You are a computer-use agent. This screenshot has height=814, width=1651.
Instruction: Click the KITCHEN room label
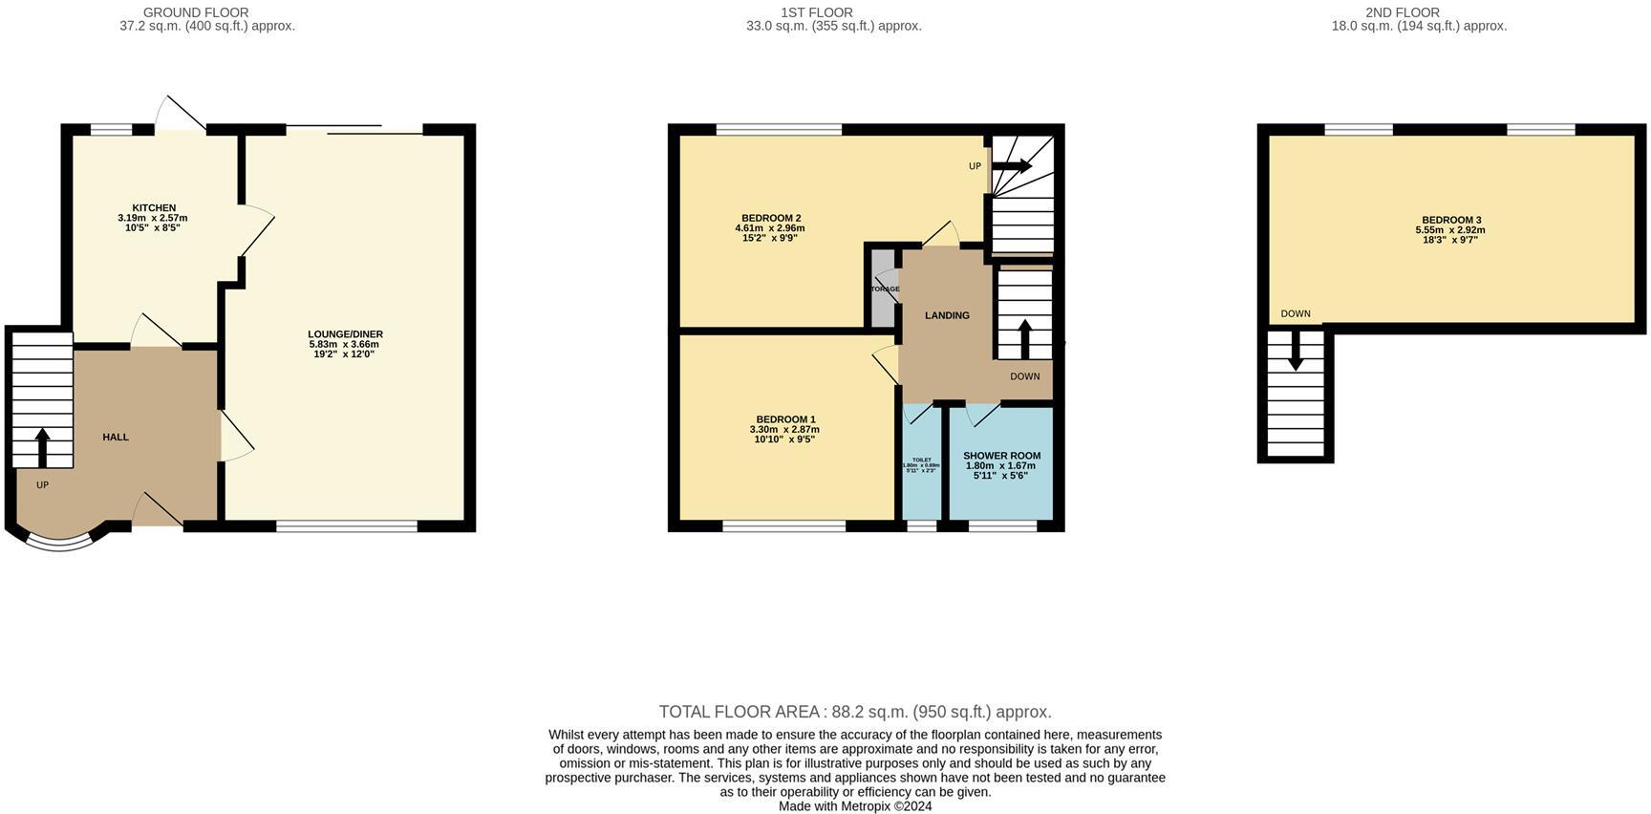pos(154,208)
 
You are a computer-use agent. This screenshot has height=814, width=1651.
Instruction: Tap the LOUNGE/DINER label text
pos(345,334)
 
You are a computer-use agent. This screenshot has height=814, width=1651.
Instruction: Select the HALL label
pos(116,438)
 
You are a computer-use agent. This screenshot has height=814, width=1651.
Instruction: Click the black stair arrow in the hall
pos(42,446)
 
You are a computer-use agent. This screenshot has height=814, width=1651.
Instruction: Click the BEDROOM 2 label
pos(770,218)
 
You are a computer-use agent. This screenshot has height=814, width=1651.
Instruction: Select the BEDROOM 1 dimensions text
pos(784,435)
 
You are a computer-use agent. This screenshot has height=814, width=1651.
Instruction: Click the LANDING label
pos(947,315)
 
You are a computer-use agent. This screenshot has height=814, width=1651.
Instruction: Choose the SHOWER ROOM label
pos(1001,456)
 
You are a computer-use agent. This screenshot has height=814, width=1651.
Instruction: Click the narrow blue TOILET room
pos(921,464)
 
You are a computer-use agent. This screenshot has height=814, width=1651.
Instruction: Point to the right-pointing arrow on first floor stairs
pos(1013,166)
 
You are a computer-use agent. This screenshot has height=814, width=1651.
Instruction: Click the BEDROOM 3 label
pos(1450,221)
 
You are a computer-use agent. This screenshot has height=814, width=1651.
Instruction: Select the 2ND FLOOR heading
pos(1402,12)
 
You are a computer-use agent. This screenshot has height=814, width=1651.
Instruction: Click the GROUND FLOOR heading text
pos(196,12)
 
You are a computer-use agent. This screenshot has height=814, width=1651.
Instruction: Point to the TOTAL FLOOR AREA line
pos(855,712)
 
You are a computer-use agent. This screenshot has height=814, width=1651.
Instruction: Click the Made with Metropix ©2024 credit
pos(855,806)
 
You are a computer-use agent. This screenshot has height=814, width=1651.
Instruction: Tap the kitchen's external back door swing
pos(180,116)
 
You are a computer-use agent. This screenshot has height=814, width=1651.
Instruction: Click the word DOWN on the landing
pos(1024,376)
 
